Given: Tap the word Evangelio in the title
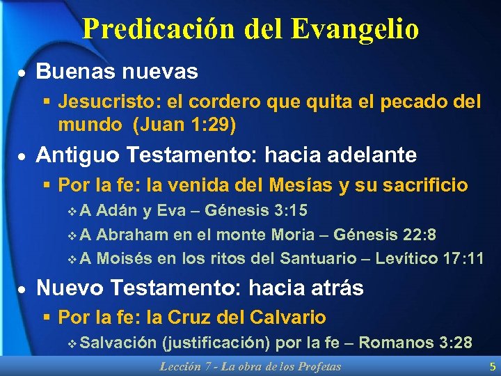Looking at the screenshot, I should tap(356, 29).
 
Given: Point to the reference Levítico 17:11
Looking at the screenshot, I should tap(429, 259).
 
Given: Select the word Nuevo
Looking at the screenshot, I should tap(69, 288).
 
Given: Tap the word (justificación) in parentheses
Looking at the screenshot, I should tap(216, 343).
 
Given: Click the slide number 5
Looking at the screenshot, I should tap(493, 366).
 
